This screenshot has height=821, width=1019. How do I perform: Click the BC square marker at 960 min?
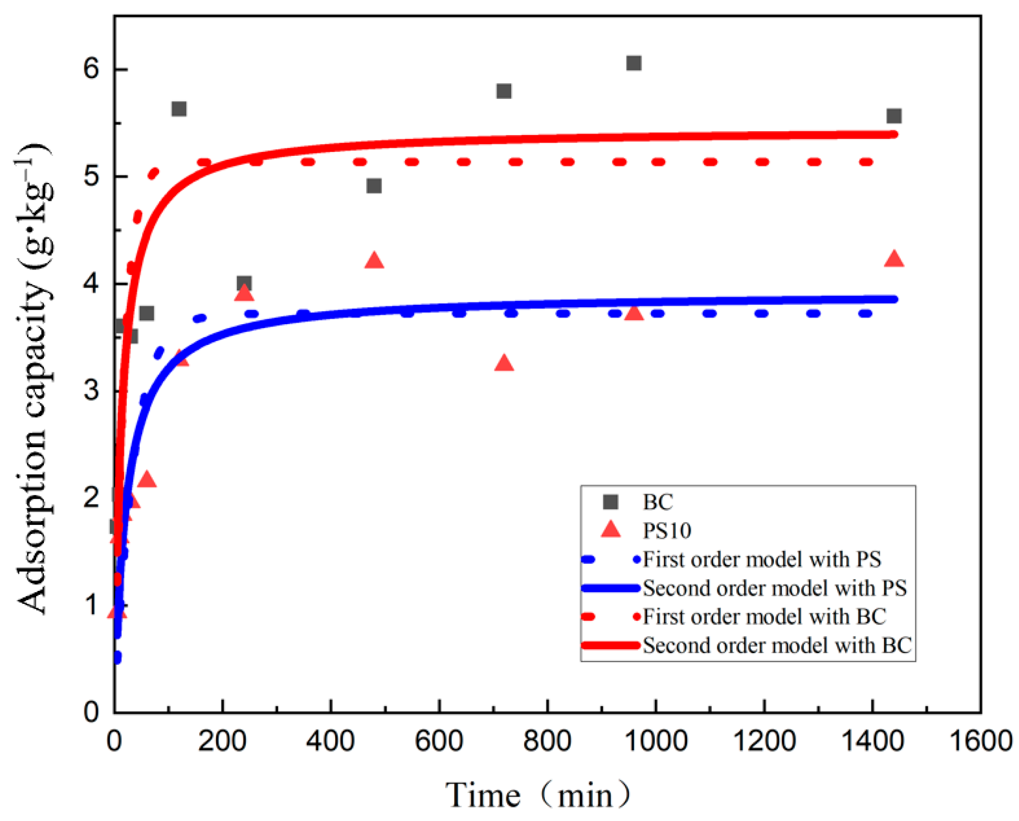pos(633,63)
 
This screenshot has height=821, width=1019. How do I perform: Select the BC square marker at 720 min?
pos(503,91)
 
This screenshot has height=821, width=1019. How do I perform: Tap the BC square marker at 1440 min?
pos(894,116)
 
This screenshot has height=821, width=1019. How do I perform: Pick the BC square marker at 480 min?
pos(374,186)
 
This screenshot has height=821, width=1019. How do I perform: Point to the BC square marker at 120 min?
pos(179,109)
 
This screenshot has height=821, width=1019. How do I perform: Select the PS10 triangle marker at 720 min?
pos(504,363)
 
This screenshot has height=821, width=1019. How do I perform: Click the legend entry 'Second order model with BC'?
pos(777,645)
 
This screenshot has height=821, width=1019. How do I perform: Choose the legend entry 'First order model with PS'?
pos(761,560)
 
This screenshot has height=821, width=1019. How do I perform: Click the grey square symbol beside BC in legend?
pos(611,502)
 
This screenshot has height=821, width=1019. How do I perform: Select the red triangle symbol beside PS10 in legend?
pos(611,530)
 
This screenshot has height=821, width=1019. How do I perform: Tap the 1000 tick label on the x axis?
pos(656,741)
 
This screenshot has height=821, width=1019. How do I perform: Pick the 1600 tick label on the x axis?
pos(980,741)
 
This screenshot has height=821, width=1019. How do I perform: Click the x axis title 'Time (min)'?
pos(538,795)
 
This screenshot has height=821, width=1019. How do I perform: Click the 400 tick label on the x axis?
pos(331,741)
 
